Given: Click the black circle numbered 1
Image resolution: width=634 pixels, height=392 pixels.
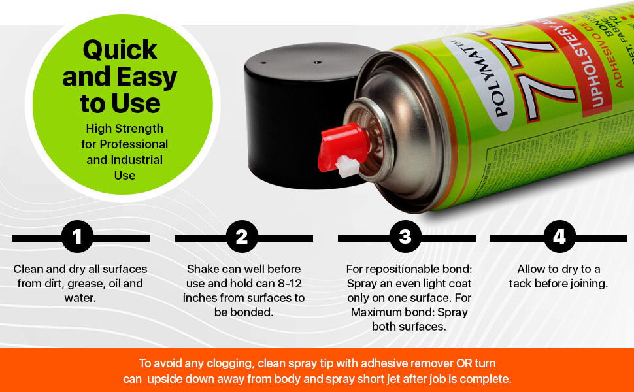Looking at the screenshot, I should click(x=78, y=237).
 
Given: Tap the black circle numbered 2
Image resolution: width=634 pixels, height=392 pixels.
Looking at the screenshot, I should click(x=242, y=237).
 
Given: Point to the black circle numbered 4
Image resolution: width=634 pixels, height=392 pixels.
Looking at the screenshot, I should click(x=559, y=237).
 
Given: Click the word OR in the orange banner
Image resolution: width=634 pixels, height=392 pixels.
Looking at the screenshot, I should click(x=450, y=363).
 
